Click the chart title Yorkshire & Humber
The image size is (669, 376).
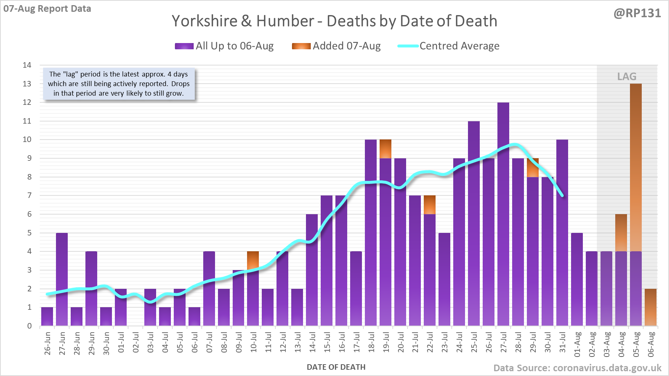pos(334,21)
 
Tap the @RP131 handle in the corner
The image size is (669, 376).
pos(637,13)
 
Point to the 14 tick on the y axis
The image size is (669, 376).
pos(27,65)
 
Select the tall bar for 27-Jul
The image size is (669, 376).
pos(503,213)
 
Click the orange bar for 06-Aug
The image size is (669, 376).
pos(651,307)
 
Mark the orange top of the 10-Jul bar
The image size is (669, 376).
pos(253,260)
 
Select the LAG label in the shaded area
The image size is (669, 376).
pos(627,77)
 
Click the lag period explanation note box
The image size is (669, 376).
pos(119,84)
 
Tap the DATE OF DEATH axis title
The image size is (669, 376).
pos(336,367)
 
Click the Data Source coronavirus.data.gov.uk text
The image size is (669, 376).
pos(577,368)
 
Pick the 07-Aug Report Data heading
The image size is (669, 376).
pos(47,9)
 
